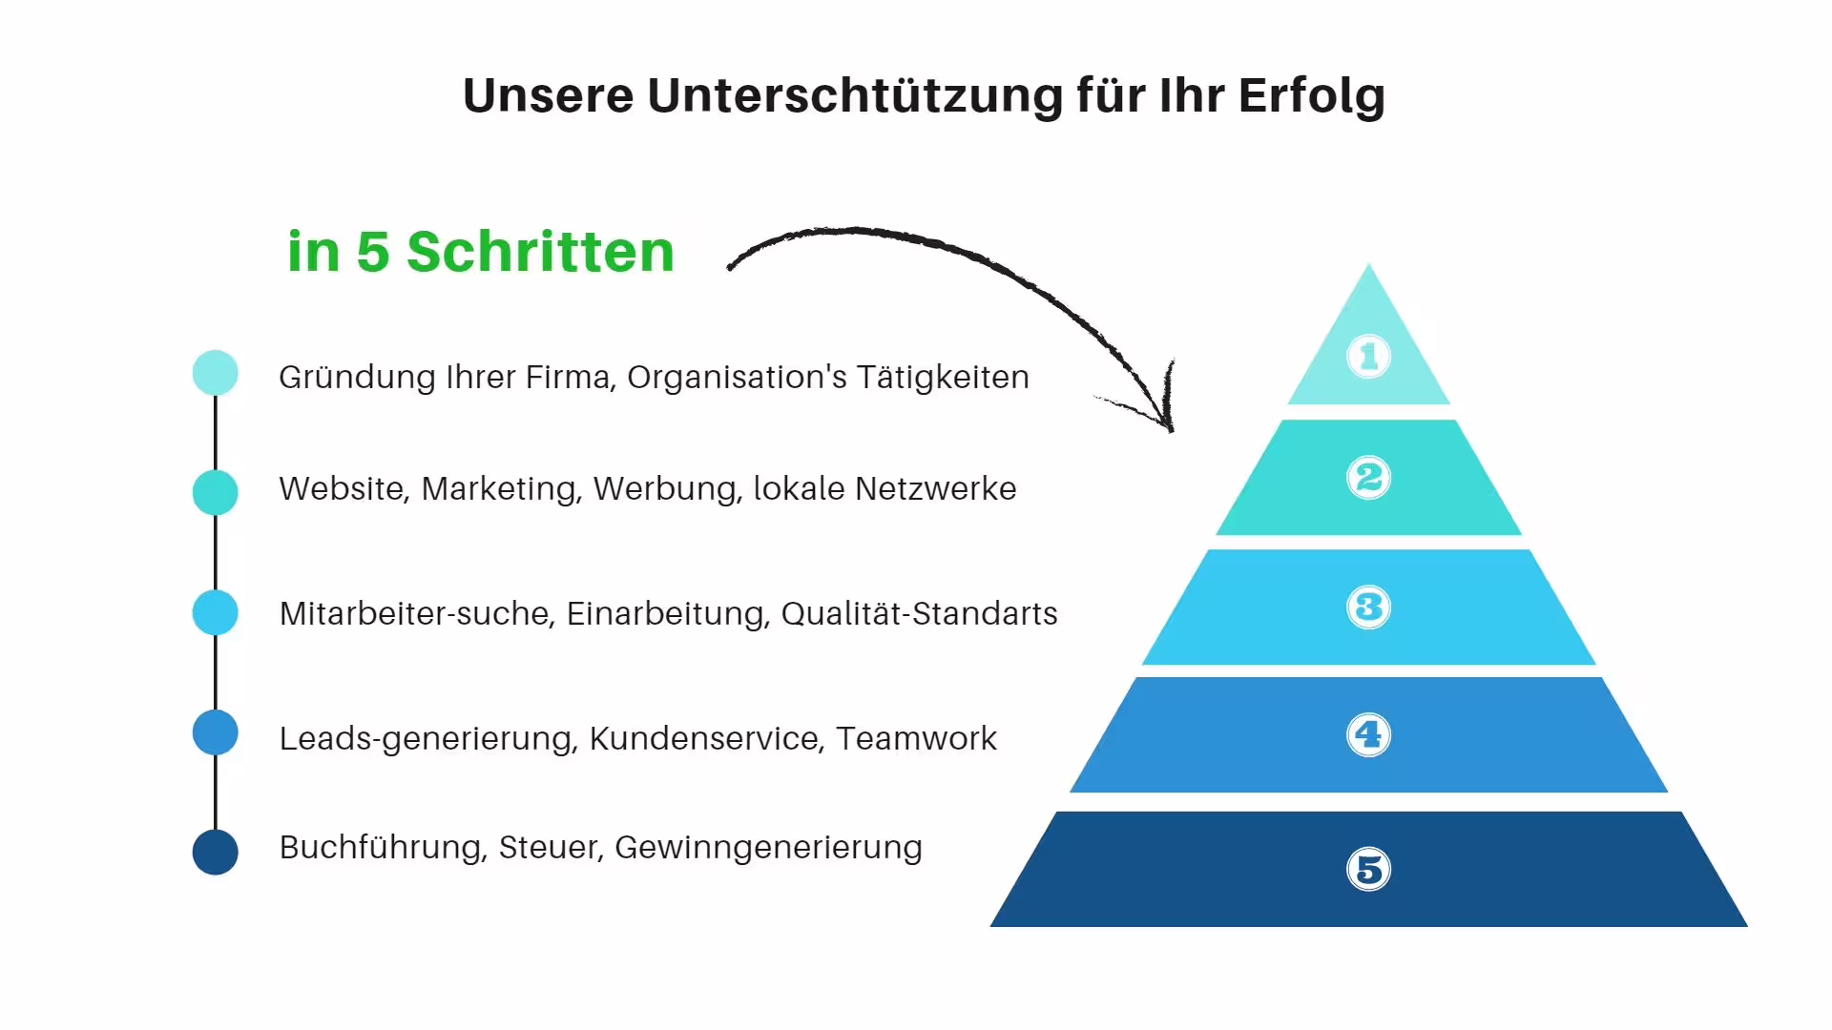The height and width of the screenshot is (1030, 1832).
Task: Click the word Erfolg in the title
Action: coord(1311,96)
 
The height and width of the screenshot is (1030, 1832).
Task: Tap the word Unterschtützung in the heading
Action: coord(855,96)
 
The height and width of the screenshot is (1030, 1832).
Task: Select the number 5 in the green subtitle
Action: coord(372,252)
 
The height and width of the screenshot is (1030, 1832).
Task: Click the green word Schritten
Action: coord(540,252)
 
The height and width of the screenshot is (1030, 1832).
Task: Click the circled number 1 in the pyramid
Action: coord(1368,357)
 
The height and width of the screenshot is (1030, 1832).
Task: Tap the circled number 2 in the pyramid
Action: coord(1368,477)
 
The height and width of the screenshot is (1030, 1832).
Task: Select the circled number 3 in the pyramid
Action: coord(1368,608)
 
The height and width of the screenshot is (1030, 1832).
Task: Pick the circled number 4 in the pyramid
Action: coord(1368,735)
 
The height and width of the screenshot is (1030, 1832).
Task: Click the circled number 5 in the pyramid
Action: coord(1368,870)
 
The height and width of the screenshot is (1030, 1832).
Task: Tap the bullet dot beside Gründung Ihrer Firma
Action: coord(216,373)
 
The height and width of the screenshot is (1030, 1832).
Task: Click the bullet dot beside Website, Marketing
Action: coord(216,492)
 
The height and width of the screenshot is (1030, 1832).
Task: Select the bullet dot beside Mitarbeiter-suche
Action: coord(216,612)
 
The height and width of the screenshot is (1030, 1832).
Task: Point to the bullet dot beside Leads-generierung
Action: coord(216,732)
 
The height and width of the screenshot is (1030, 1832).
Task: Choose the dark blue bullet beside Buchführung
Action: coord(216,852)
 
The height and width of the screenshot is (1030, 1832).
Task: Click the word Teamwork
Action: coord(916,739)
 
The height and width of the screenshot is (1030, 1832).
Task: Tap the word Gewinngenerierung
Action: coord(768,848)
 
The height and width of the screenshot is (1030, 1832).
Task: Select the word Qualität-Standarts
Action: coord(919,614)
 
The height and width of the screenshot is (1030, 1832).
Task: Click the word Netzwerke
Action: coord(935,489)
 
